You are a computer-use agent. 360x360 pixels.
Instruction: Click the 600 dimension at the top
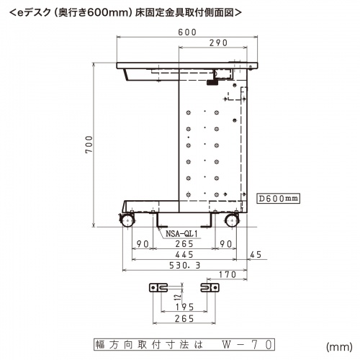188,32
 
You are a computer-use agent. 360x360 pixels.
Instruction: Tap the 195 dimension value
184,307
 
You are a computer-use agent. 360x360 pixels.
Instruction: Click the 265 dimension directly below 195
184,318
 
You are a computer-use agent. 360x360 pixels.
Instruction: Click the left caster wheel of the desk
127,220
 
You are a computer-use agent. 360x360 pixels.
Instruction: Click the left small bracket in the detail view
158,287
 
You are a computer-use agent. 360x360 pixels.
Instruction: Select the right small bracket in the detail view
209,287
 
